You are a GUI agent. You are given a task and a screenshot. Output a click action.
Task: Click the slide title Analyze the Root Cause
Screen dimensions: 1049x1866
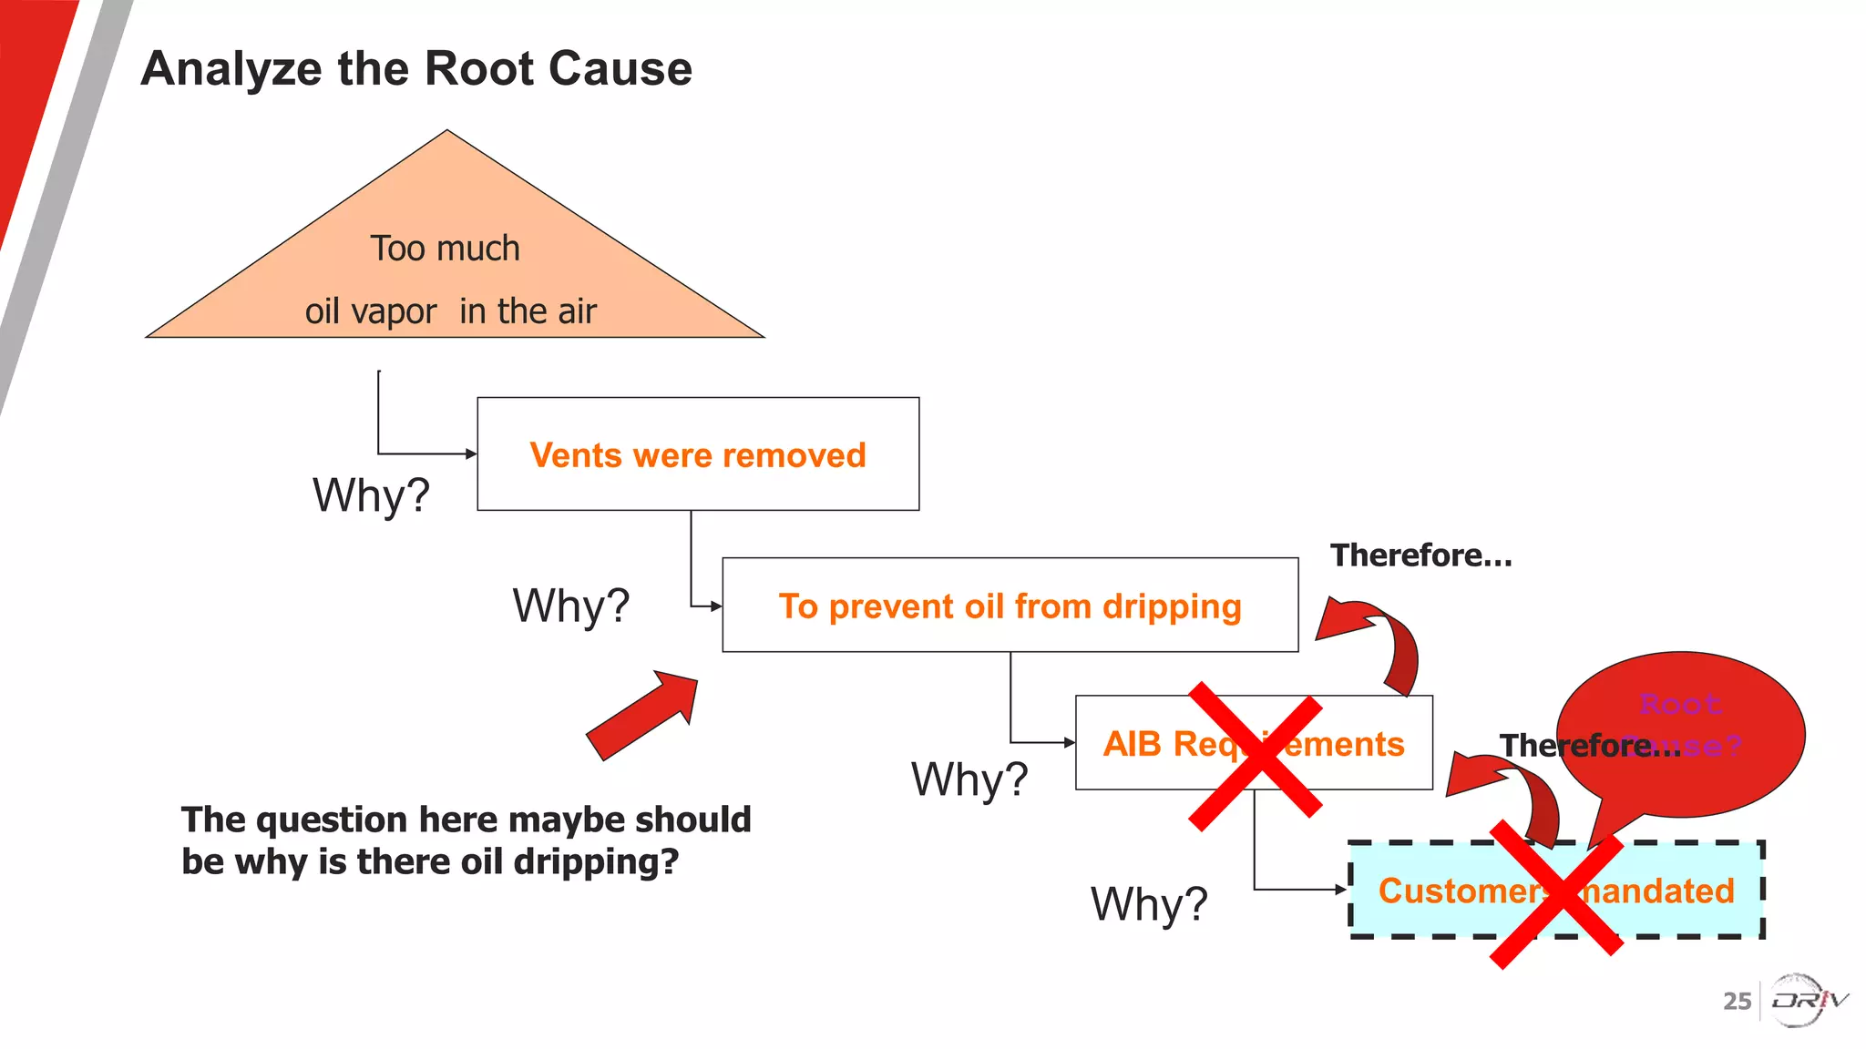(x=416, y=69)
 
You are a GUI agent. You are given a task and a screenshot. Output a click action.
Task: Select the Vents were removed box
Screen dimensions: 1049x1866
(x=698, y=454)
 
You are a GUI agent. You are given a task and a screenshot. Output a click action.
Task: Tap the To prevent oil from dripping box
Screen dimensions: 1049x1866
(x=1010, y=606)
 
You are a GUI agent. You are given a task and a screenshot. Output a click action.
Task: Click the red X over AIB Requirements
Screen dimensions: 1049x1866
(x=1255, y=756)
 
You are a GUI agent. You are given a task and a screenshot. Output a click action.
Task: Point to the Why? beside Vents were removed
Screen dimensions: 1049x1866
(x=371, y=495)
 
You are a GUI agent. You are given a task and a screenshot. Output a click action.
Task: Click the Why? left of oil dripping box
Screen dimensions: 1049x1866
(x=570, y=606)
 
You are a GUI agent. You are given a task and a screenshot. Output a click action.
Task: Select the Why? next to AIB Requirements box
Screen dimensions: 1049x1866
(x=969, y=779)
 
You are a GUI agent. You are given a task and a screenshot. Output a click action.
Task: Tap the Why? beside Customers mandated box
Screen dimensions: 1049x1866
(x=1149, y=904)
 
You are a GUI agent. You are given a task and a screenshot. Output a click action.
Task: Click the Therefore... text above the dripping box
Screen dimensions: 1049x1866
(x=1420, y=555)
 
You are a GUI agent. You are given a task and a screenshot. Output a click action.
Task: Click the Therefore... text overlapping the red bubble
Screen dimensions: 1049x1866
(x=1590, y=746)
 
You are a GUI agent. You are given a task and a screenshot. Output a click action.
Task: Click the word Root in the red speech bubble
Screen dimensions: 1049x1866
(x=1680, y=704)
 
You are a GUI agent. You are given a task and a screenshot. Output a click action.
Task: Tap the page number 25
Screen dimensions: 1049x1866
(x=1737, y=1002)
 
